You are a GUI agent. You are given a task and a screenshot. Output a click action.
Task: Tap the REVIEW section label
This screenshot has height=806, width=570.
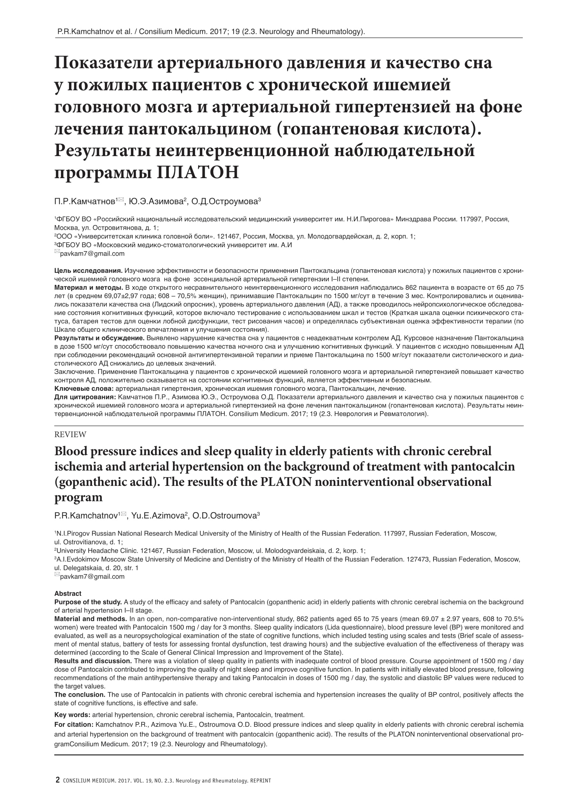70,435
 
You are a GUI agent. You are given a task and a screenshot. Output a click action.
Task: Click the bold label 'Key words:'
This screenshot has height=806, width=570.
72,715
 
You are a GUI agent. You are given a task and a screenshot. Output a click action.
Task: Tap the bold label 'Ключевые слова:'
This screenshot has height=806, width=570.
84,389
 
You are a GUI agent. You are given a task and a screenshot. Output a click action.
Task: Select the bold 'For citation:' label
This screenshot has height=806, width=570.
74,725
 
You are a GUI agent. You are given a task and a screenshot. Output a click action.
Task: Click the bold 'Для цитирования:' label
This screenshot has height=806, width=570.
85,397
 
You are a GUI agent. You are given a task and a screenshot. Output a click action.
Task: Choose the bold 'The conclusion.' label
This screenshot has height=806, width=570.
80,694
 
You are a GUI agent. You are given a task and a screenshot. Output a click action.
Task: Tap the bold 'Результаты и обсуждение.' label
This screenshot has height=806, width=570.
99,338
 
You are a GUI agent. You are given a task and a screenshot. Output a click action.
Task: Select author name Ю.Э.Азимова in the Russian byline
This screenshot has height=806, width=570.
156,202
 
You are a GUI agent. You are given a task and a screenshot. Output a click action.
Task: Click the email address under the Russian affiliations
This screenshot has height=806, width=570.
92,254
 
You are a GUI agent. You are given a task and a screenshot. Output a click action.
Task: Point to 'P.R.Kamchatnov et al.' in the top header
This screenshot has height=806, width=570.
95,32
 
